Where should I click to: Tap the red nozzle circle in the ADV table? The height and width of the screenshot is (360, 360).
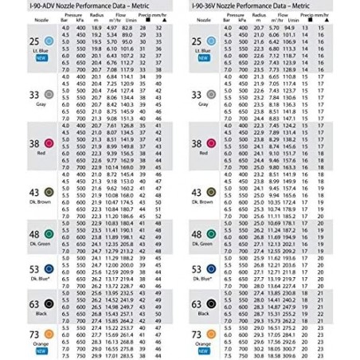point(48,143)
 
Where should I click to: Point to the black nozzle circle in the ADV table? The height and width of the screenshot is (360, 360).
point(48,303)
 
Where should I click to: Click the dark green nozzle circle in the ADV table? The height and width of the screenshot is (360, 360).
point(48,236)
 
